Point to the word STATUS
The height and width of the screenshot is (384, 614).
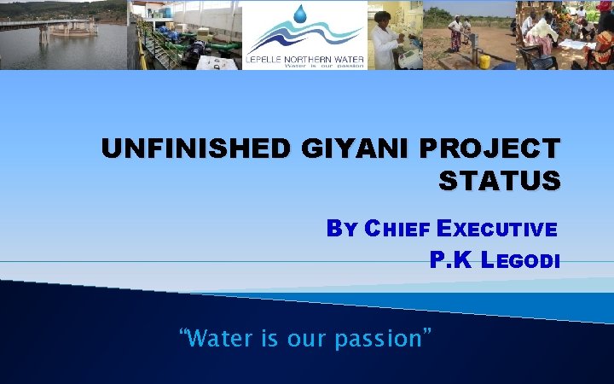(x=500, y=181)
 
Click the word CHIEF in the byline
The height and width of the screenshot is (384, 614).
(x=397, y=229)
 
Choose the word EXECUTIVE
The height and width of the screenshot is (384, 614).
(x=496, y=229)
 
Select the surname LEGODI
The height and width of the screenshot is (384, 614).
(x=521, y=260)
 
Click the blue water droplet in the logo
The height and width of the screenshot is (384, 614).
(x=300, y=15)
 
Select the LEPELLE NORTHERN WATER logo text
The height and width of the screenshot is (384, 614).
(x=304, y=57)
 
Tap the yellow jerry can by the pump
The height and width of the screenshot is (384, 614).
(x=484, y=61)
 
